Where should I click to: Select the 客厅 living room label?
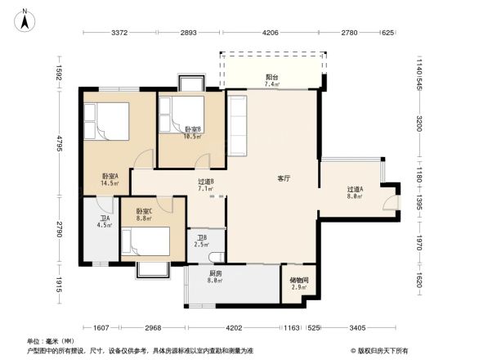pyautogui.click(x=284, y=178)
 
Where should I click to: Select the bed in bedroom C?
pyautogui.click(x=145, y=242)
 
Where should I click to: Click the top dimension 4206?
pyautogui.click(x=271, y=33)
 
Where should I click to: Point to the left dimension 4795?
pyautogui.click(x=59, y=143)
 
